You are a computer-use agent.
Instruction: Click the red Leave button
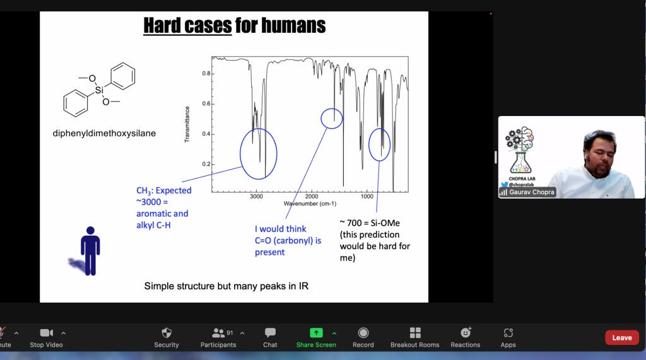(621, 338)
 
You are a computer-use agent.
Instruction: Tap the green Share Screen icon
(316, 332)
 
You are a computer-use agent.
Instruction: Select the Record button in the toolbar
(363, 332)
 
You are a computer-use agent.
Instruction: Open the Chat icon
(270, 332)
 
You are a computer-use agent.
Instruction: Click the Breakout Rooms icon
(415, 332)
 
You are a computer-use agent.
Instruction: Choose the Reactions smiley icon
(466, 332)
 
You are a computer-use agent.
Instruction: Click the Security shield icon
(167, 332)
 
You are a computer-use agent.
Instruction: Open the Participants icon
(218, 332)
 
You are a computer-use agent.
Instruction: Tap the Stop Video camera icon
(46, 332)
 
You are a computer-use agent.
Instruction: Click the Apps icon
(508, 332)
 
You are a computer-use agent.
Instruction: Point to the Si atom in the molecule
(99, 90)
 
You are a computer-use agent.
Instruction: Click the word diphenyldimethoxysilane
(104, 133)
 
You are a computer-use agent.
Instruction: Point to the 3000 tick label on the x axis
(256, 197)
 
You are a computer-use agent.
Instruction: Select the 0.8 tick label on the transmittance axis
(206, 73)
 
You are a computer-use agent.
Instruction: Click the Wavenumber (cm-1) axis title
(310, 204)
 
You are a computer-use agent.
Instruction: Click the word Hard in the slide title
(162, 26)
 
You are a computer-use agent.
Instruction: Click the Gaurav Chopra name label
(531, 192)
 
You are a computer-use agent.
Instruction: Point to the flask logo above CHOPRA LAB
(520, 150)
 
